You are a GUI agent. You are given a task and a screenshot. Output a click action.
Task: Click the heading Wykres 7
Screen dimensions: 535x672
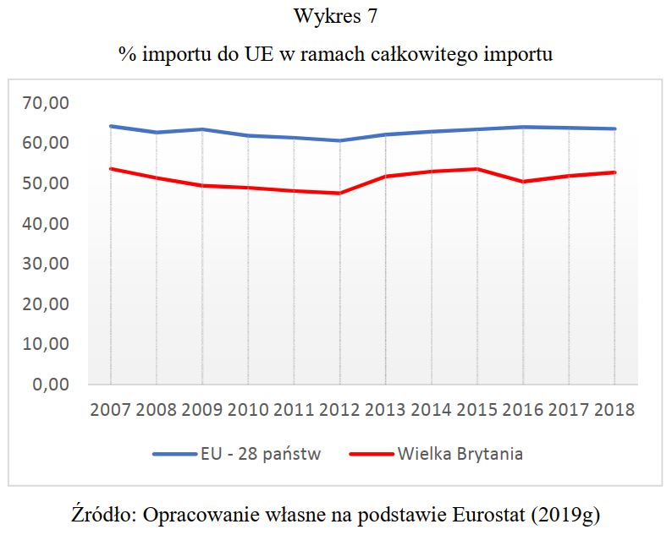click(335, 17)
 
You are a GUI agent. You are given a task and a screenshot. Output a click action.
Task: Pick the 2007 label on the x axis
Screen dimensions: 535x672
click(110, 410)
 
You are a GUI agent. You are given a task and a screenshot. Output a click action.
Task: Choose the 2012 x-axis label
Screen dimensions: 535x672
click(339, 410)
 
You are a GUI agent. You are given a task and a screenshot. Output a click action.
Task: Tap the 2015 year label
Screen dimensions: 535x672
click(477, 410)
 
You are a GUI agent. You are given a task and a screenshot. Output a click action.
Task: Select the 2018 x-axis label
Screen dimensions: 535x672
click(614, 410)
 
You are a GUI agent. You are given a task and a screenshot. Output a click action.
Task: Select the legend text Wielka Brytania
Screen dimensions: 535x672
click(460, 454)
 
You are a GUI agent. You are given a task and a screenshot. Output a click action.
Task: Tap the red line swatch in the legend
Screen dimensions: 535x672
click(370, 454)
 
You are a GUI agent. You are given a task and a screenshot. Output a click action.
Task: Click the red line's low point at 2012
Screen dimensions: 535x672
click(339, 194)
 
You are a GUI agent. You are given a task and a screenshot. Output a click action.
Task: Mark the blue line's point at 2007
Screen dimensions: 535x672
click(111, 126)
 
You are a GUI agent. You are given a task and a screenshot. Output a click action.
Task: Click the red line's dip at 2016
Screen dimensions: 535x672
click(523, 182)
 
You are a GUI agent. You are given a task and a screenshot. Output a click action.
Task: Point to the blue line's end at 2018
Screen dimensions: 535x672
click(614, 128)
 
